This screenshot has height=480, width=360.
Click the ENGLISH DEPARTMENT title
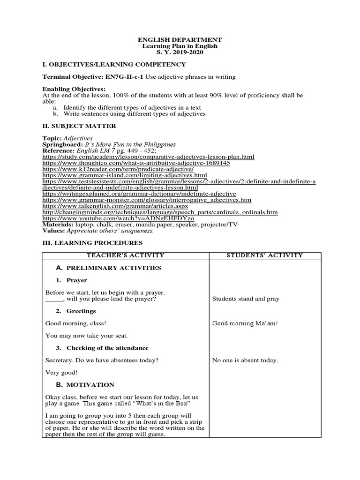coord(180,40)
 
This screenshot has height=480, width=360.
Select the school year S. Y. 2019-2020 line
coord(180,52)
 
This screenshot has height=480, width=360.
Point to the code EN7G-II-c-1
coord(121,77)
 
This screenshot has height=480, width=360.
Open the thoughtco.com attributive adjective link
coord(136,163)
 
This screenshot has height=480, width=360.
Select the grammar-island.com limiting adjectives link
coord(124,175)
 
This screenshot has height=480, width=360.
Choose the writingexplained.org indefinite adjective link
coord(139,194)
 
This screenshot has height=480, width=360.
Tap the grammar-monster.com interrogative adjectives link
coord(147,200)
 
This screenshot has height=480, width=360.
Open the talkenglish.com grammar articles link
coord(115,206)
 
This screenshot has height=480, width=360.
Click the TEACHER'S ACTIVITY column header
coord(125,255)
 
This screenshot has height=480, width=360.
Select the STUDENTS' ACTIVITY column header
coord(265,255)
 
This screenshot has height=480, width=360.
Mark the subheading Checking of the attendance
coord(107,348)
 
